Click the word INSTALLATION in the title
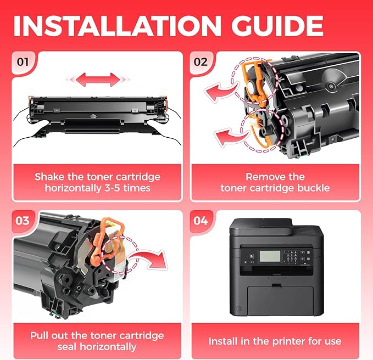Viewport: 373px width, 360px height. (117, 26)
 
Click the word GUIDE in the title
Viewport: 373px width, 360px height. (277, 26)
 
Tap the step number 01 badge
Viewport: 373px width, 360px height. (23, 62)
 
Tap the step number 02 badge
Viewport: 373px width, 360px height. (201, 62)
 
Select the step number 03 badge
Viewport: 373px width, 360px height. (23, 221)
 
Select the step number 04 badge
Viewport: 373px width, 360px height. (201, 221)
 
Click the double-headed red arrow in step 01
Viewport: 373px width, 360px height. (98, 80)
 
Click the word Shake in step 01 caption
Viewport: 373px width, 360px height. (49, 177)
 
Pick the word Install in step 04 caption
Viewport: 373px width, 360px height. (223, 341)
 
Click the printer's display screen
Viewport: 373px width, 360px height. (270, 256)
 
